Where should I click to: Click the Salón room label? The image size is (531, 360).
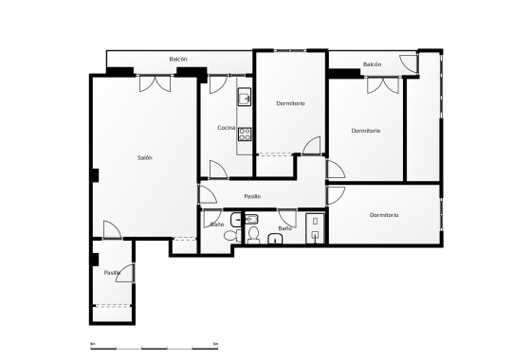click(144, 157)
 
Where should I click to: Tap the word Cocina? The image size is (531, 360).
click(226, 128)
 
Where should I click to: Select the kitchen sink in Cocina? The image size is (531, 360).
click(244, 97)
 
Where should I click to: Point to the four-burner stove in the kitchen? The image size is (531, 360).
click(244, 134)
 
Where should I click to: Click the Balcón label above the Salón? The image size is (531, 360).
click(178, 59)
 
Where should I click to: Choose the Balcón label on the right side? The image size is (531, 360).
click(372, 64)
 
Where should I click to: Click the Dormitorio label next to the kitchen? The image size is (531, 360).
click(290, 102)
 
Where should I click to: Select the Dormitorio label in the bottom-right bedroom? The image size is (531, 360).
click(384, 215)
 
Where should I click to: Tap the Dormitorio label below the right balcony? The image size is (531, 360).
click(365, 131)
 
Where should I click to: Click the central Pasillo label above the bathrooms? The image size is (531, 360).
click(252, 196)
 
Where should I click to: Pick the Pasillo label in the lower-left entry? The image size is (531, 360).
click(112, 273)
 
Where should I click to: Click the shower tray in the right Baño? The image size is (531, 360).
click(315, 227)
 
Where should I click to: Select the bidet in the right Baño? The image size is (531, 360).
click(253, 233)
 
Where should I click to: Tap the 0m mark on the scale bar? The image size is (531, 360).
click(92, 342)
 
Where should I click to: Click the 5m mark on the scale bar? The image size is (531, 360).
click(216, 342)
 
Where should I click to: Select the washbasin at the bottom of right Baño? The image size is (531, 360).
click(274, 239)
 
